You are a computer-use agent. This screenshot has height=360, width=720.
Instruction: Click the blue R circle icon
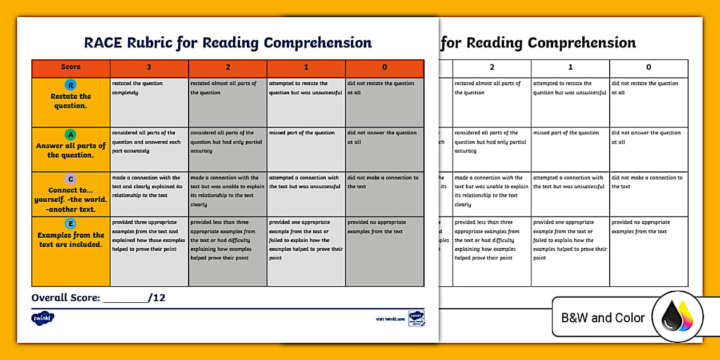click(71, 85)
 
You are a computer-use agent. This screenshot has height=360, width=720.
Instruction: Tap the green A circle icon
click(71, 135)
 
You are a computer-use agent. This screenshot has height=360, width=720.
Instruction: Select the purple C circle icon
click(71, 179)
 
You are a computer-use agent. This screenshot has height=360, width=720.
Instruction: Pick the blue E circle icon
click(71, 224)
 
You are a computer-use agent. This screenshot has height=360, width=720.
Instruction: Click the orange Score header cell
click(71, 67)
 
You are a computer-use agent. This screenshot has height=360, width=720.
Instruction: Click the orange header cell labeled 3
click(149, 67)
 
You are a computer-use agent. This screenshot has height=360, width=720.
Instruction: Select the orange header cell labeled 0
click(385, 67)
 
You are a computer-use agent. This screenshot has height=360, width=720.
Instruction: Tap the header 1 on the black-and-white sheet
click(570, 67)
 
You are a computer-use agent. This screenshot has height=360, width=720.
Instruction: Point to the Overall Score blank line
click(125, 298)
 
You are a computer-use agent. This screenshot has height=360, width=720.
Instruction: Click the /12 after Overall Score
click(157, 298)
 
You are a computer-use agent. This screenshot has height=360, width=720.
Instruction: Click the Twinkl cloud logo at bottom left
click(43, 318)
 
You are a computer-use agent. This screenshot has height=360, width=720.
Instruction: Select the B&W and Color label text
click(603, 318)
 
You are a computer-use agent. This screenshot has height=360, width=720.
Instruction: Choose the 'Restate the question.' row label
click(71, 101)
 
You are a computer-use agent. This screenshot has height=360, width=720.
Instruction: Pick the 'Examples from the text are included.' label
click(71, 239)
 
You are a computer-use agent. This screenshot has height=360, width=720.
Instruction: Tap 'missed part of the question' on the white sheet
click(566, 133)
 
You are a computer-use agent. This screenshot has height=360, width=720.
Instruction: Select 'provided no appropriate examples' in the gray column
click(377, 227)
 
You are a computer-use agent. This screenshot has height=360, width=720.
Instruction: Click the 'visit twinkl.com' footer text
click(390, 319)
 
